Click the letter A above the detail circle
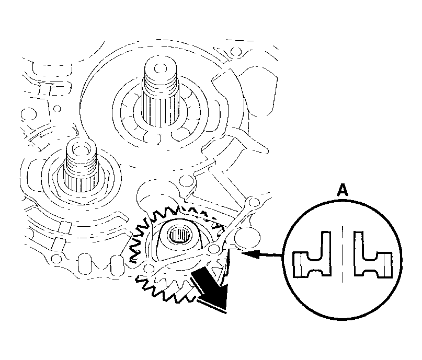[x=343, y=191]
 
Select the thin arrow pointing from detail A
[x=262, y=254]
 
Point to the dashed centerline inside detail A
[x=343, y=254]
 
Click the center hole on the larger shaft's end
[x=159, y=68]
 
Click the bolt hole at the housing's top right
[x=236, y=51]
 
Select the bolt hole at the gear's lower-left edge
[x=147, y=268]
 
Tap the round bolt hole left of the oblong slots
[x=55, y=258]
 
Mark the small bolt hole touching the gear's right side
[x=214, y=248]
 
